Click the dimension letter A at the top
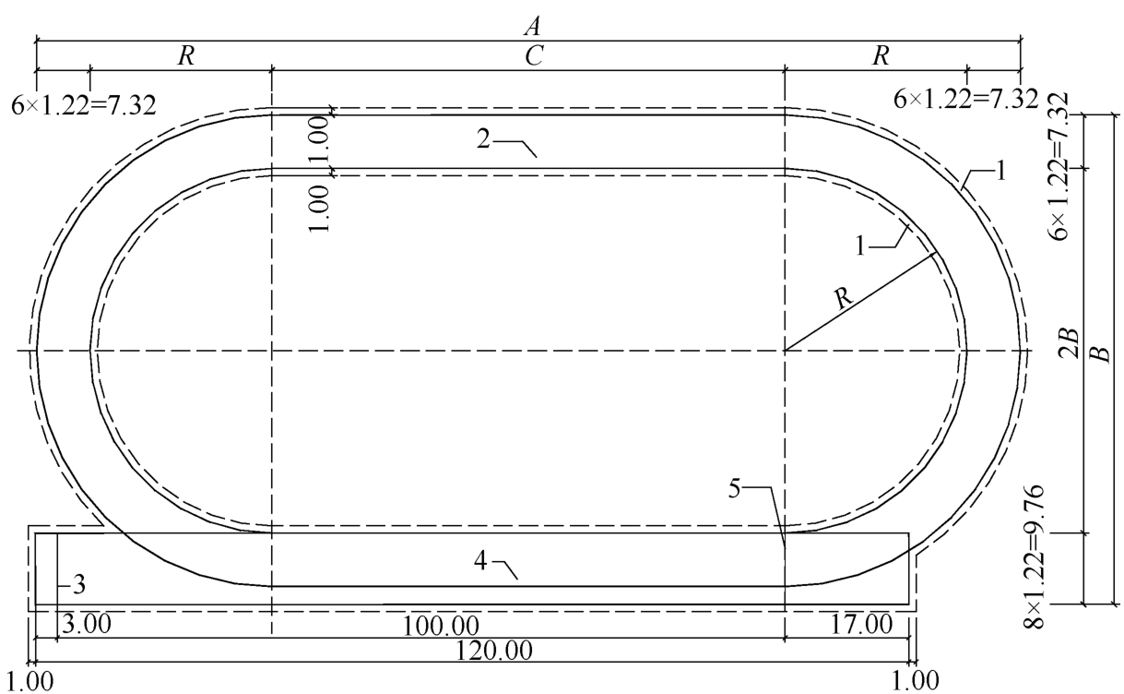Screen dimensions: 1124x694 pyautogui.click(x=533, y=26)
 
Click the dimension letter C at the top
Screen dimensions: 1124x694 pyautogui.click(x=534, y=55)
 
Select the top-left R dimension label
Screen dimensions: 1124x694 pyautogui.click(x=186, y=55)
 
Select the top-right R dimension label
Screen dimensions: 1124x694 pyautogui.click(x=881, y=55)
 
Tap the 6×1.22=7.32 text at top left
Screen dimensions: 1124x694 pyautogui.click(x=83, y=106)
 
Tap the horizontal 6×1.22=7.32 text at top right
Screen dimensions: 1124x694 pyautogui.click(x=965, y=100)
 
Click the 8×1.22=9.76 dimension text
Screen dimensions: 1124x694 pyautogui.click(x=1034, y=556)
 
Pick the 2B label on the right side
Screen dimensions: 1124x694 pyautogui.click(x=1069, y=343)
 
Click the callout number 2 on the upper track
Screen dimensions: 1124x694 pyautogui.click(x=483, y=139)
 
